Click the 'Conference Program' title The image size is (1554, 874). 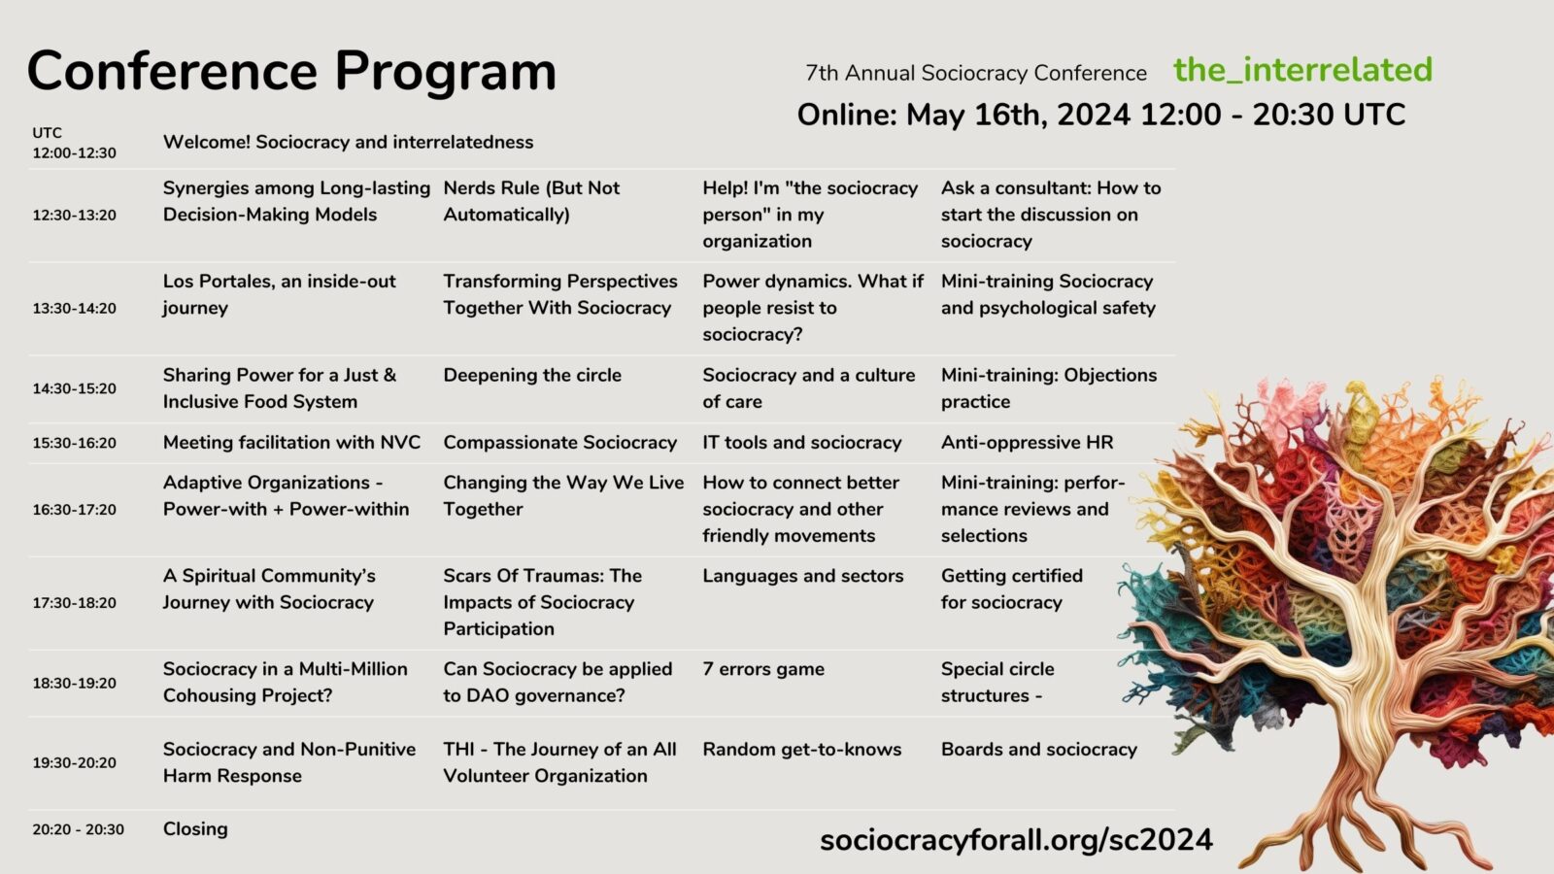[291, 71]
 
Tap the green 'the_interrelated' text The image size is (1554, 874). [1302, 70]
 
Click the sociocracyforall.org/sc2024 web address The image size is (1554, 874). [1016, 839]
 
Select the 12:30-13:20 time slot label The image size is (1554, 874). [74, 215]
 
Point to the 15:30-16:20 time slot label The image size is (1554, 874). [74, 443]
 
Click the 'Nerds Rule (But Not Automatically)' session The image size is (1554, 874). [531, 201]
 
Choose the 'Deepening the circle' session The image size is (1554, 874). [532, 375]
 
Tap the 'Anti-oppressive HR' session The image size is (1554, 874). [1027, 443]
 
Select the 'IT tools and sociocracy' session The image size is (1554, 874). [802, 443]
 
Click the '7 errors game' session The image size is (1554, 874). [763, 669]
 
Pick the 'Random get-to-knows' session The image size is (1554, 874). [802, 750]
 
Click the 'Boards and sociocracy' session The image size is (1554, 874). [1038, 750]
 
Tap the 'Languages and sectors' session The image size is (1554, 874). [803, 576]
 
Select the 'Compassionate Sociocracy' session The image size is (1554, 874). [560, 443]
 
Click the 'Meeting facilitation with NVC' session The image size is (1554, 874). [291, 443]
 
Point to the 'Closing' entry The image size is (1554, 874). [195, 829]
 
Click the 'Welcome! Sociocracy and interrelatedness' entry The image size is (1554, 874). [348, 142]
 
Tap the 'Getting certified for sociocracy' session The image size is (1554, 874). [1011, 588]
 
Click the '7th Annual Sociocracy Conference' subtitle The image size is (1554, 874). [976, 73]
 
